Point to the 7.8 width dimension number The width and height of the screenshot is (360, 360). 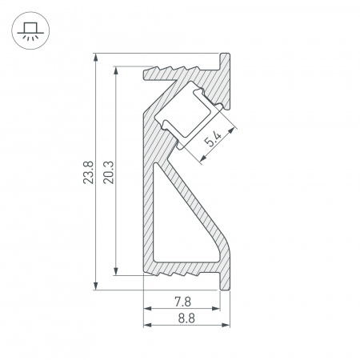(182, 302)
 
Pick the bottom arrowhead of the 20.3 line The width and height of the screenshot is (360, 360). (118, 271)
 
